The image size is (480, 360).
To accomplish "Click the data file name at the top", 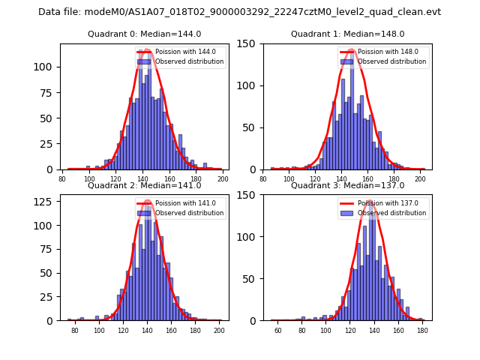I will pyautogui.click(x=239, y=12).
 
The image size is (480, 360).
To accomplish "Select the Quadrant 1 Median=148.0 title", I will pyautogui.click(x=347, y=34).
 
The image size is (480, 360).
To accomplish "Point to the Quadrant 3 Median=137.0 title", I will pyautogui.click(x=347, y=185).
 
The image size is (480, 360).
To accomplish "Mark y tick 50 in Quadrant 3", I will pyautogui.click(x=252, y=279).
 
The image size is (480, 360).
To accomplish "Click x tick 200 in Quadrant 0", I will pyautogui.click(x=223, y=180).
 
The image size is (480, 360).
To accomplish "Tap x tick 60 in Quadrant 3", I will pyautogui.click(x=277, y=331).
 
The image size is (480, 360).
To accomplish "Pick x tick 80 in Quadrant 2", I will pyautogui.click(x=75, y=331).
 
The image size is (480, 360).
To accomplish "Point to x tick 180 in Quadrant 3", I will pyautogui.click(x=422, y=331).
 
